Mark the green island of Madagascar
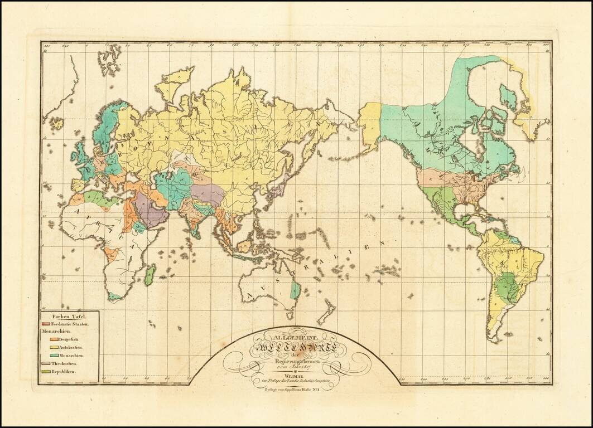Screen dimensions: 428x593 tap(150, 275)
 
